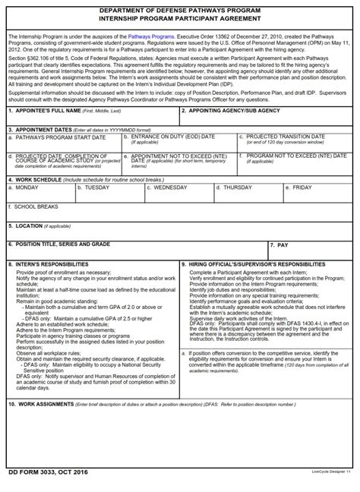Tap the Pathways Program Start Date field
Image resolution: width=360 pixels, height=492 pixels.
[x=64, y=145]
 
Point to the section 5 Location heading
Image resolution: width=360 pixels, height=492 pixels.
[x=26, y=225]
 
